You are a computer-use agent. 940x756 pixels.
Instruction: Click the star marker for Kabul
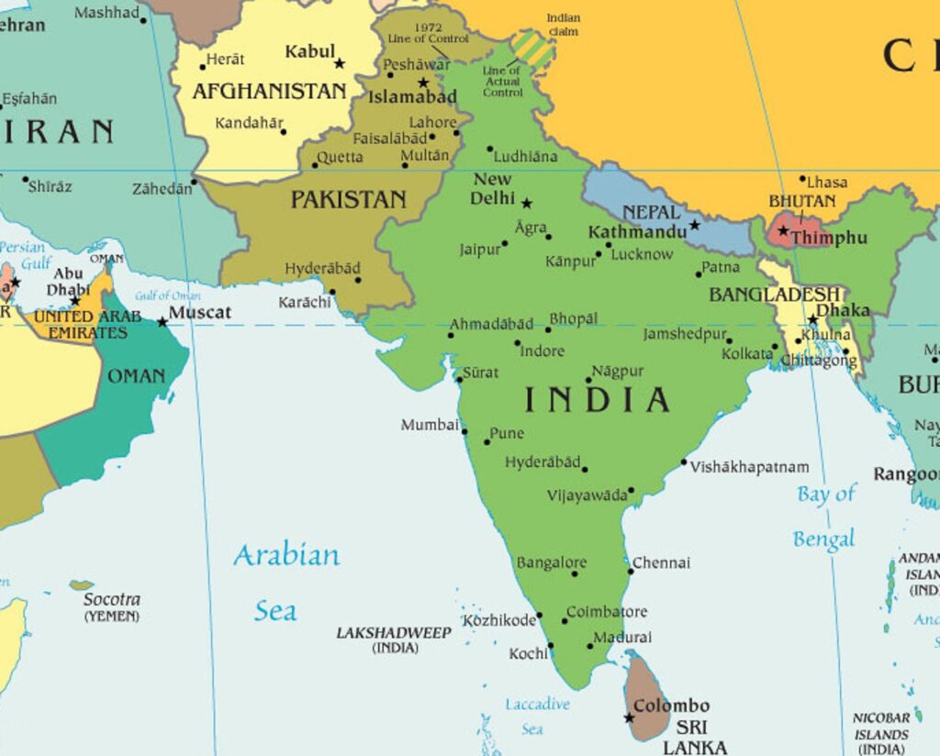[x=340, y=63]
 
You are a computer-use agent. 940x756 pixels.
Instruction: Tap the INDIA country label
[x=597, y=400]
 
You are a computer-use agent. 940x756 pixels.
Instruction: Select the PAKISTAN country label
[x=348, y=199]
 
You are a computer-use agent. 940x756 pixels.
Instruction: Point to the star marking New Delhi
[x=527, y=203]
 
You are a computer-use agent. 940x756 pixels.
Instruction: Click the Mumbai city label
[x=429, y=425]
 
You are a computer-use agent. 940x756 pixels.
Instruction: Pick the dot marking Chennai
[x=631, y=571]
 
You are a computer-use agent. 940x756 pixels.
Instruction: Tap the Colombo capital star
[x=630, y=717]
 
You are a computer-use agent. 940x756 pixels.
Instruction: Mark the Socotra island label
[x=112, y=599]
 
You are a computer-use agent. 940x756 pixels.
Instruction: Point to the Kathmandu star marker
[x=695, y=225]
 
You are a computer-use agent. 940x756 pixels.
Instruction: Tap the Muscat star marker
[x=162, y=322]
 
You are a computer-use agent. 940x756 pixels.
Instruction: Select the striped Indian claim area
[x=532, y=49]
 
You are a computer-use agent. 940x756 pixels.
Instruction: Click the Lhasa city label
[x=827, y=182]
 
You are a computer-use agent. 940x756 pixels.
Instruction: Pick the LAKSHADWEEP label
[x=394, y=633]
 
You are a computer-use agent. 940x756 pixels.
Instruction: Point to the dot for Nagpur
[x=589, y=379]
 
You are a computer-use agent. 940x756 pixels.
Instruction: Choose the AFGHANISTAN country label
[x=269, y=92]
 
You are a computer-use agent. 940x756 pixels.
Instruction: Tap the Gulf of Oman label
[x=168, y=295]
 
